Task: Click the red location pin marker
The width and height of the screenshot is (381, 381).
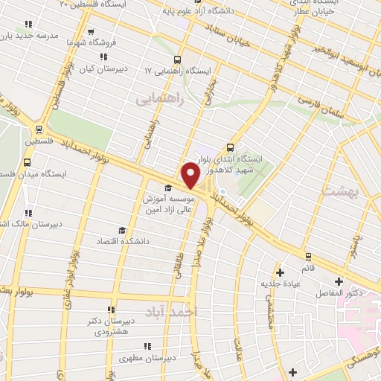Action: [x=190, y=176]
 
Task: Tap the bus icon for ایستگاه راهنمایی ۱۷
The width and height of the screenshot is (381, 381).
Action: [x=176, y=60]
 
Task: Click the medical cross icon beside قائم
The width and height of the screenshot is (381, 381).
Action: [x=281, y=270]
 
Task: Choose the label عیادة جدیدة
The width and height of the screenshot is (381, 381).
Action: [x=277, y=284]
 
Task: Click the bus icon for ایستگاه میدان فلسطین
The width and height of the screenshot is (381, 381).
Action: [x=28, y=161]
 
